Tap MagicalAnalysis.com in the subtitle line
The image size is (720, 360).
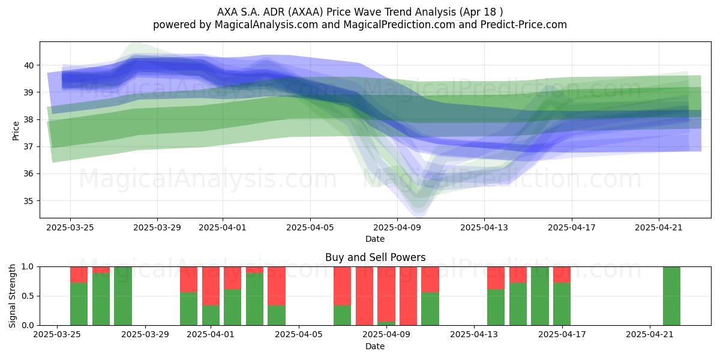pyautogui.click(x=266, y=25)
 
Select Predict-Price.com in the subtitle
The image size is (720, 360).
pyautogui.click(x=524, y=25)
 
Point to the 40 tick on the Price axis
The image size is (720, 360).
pyautogui.click(x=29, y=65)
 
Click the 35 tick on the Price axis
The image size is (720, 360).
pyautogui.click(x=29, y=201)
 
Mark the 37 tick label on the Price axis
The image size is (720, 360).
pyautogui.click(x=29, y=146)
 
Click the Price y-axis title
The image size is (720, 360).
pyautogui.click(x=16, y=131)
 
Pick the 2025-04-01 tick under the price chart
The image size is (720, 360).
pyautogui.click(x=223, y=227)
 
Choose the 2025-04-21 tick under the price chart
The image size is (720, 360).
pyautogui.click(x=659, y=227)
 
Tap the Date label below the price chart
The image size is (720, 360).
pyautogui.click(x=375, y=239)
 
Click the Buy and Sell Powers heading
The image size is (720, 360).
pyautogui.click(x=375, y=257)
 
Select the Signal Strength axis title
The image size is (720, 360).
pyautogui.click(x=12, y=296)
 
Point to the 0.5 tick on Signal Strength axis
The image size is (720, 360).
pyautogui.click(x=28, y=296)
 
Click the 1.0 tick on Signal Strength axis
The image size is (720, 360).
pyautogui.click(x=28, y=266)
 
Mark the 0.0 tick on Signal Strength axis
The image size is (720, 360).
pyautogui.click(x=28, y=325)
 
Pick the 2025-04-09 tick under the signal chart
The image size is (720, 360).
pyautogui.click(x=386, y=334)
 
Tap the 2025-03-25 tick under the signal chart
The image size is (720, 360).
pyautogui.click(x=57, y=334)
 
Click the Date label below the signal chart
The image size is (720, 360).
pyautogui.click(x=375, y=346)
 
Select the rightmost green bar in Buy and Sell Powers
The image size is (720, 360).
pyautogui.click(x=671, y=296)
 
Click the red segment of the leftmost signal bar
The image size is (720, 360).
pyautogui.click(x=79, y=275)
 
